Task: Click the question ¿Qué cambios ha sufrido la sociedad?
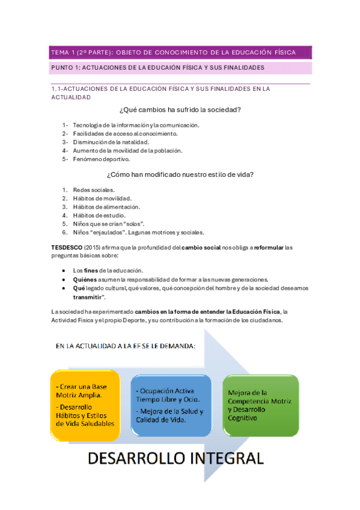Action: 180,110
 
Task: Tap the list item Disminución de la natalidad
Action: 106,142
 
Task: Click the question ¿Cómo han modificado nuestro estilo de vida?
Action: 180,175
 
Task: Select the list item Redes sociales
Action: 93,190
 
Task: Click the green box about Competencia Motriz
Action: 260,404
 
